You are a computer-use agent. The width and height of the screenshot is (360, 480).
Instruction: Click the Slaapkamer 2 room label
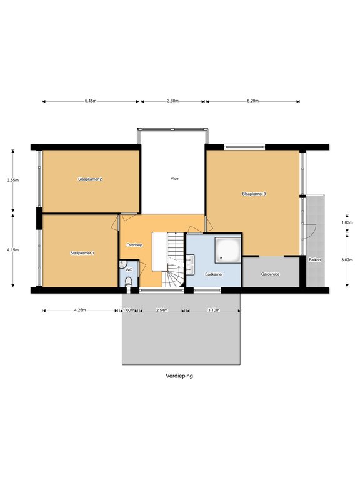90,179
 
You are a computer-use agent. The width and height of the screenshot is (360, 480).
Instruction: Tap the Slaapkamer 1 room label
82,253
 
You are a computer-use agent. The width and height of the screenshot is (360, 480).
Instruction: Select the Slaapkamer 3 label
254,194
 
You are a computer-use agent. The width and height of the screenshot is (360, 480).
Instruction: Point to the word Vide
174,179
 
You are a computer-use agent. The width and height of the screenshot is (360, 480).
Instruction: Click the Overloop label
134,245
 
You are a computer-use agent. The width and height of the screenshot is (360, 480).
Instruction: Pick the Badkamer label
214,274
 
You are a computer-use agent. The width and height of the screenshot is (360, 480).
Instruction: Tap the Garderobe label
270,274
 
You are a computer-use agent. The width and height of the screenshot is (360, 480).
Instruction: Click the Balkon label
315,260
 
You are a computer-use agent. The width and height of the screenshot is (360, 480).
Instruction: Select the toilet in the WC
129,282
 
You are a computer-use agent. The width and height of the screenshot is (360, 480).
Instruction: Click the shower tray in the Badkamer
228,249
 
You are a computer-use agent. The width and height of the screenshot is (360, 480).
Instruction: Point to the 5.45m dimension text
91,101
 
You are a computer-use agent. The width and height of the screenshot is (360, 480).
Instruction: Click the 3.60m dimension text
173,101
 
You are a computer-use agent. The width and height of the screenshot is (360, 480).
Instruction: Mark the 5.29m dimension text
253,101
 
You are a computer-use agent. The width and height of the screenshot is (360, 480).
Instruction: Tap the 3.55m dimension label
13,180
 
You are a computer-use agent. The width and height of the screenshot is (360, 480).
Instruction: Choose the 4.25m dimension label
80,310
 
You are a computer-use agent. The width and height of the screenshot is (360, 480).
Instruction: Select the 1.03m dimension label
347,223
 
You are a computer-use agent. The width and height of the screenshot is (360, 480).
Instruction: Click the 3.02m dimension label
347,260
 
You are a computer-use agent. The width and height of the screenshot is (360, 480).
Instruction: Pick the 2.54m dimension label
162,310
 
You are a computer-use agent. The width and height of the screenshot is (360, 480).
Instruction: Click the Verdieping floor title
179,376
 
